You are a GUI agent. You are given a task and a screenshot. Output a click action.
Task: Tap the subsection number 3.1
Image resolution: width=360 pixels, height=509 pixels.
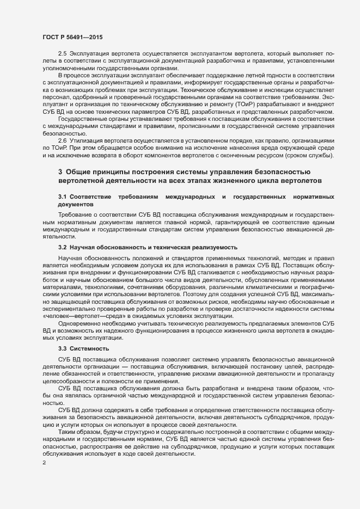coord(63,195)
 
